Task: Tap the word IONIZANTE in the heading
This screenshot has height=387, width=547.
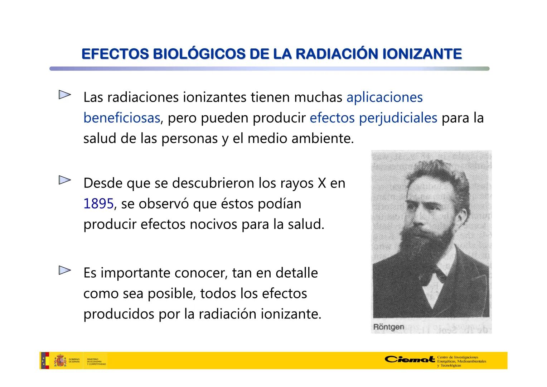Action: click(x=422, y=54)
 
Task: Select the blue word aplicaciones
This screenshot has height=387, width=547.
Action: click(x=384, y=97)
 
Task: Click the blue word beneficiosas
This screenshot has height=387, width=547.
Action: click(x=121, y=118)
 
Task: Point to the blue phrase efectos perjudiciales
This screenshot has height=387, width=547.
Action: click(x=373, y=118)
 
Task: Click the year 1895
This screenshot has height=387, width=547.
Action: click(x=98, y=204)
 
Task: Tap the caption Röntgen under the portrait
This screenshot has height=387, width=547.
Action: click(x=388, y=327)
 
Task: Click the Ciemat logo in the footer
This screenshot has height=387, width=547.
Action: click(x=410, y=359)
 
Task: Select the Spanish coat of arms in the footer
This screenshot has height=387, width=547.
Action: click(x=60, y=360)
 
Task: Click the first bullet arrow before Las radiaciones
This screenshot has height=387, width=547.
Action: click(x=64, y=95)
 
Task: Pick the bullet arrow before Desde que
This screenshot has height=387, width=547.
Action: click(x=64, y=180)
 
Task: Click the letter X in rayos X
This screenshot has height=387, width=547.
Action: click(x=322, y=183)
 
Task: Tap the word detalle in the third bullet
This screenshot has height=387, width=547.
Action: click(x=296, y=273)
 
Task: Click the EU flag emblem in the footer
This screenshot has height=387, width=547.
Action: click(x=45, y=360)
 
